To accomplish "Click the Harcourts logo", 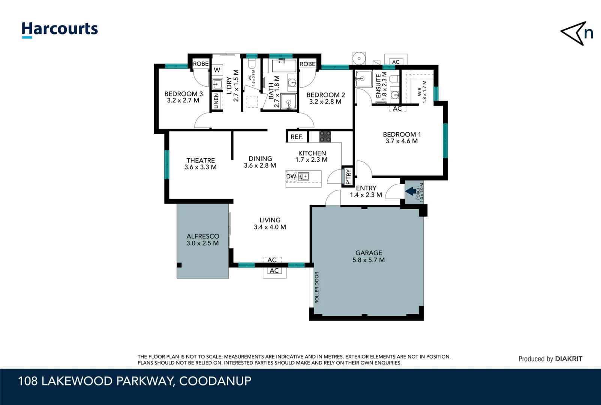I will [60, 30].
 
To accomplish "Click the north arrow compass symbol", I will [576, 33].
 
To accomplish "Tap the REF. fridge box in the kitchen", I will [297, 137].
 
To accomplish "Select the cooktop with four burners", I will [325, 136].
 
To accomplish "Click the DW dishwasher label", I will [291, 176].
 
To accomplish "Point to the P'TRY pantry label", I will [348, 177].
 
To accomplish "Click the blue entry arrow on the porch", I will [411, 191].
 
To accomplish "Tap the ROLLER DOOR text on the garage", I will [317, 288].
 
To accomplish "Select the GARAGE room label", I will [369, 253].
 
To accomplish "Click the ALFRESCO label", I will [203, 236].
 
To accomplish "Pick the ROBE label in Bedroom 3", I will [201, 64].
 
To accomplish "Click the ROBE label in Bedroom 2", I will [307, 64].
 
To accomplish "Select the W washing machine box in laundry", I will [217, 70].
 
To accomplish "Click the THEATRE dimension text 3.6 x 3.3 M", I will [200, 167].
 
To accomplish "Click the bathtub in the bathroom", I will [284, 66].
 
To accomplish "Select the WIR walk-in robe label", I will [420, 92].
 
